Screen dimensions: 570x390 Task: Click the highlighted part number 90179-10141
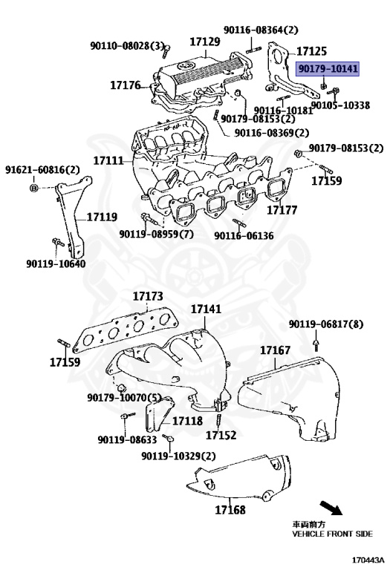(328, 69)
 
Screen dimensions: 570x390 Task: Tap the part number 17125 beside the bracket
(311, 51)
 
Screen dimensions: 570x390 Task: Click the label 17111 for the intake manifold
(108, 160)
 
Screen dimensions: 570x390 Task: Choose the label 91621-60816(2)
(43, 170)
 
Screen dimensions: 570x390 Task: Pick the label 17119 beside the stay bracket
(102, 217)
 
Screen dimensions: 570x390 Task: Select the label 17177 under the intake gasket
(282, 211)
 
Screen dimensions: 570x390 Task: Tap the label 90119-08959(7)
(156, 235)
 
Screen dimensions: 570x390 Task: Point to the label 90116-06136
(244, 236)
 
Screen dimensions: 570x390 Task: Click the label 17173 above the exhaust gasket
(148, 297)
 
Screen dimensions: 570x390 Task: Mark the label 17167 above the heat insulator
(275, 349)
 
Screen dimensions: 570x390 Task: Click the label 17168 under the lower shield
(230, 510)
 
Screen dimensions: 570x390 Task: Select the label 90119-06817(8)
(326, 324)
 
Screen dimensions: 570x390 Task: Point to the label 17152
(221, 436)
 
